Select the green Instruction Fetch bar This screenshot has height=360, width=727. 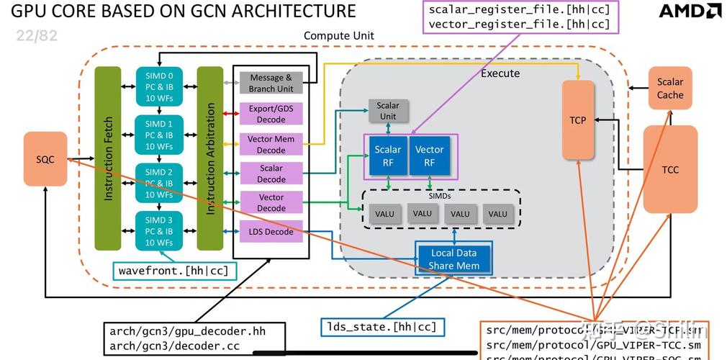click(x=108, y=158)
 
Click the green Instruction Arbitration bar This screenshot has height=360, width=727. click(x=210, y=158)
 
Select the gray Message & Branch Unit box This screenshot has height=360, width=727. click(x=271, y=83)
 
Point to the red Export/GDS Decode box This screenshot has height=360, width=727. click(x=271, y=114)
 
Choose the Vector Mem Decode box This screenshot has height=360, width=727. click(x=271, y=144)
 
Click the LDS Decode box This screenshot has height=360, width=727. click(x=271, y=232)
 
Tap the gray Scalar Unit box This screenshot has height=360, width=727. click(x=388, y=111)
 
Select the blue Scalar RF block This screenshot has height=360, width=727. click(x=388, y=156)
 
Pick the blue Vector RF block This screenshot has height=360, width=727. click(x=430, y=156)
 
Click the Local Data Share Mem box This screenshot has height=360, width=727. click(x=453, y=259)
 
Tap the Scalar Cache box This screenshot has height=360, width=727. click(x=669, y=89)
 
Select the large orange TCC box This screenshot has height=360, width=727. click(x=669, y=170)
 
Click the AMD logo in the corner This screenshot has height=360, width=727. click(x=690, y=12)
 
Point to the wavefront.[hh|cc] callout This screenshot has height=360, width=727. click(x=175, y=271)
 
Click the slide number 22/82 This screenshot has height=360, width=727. click(x=36, y=35)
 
